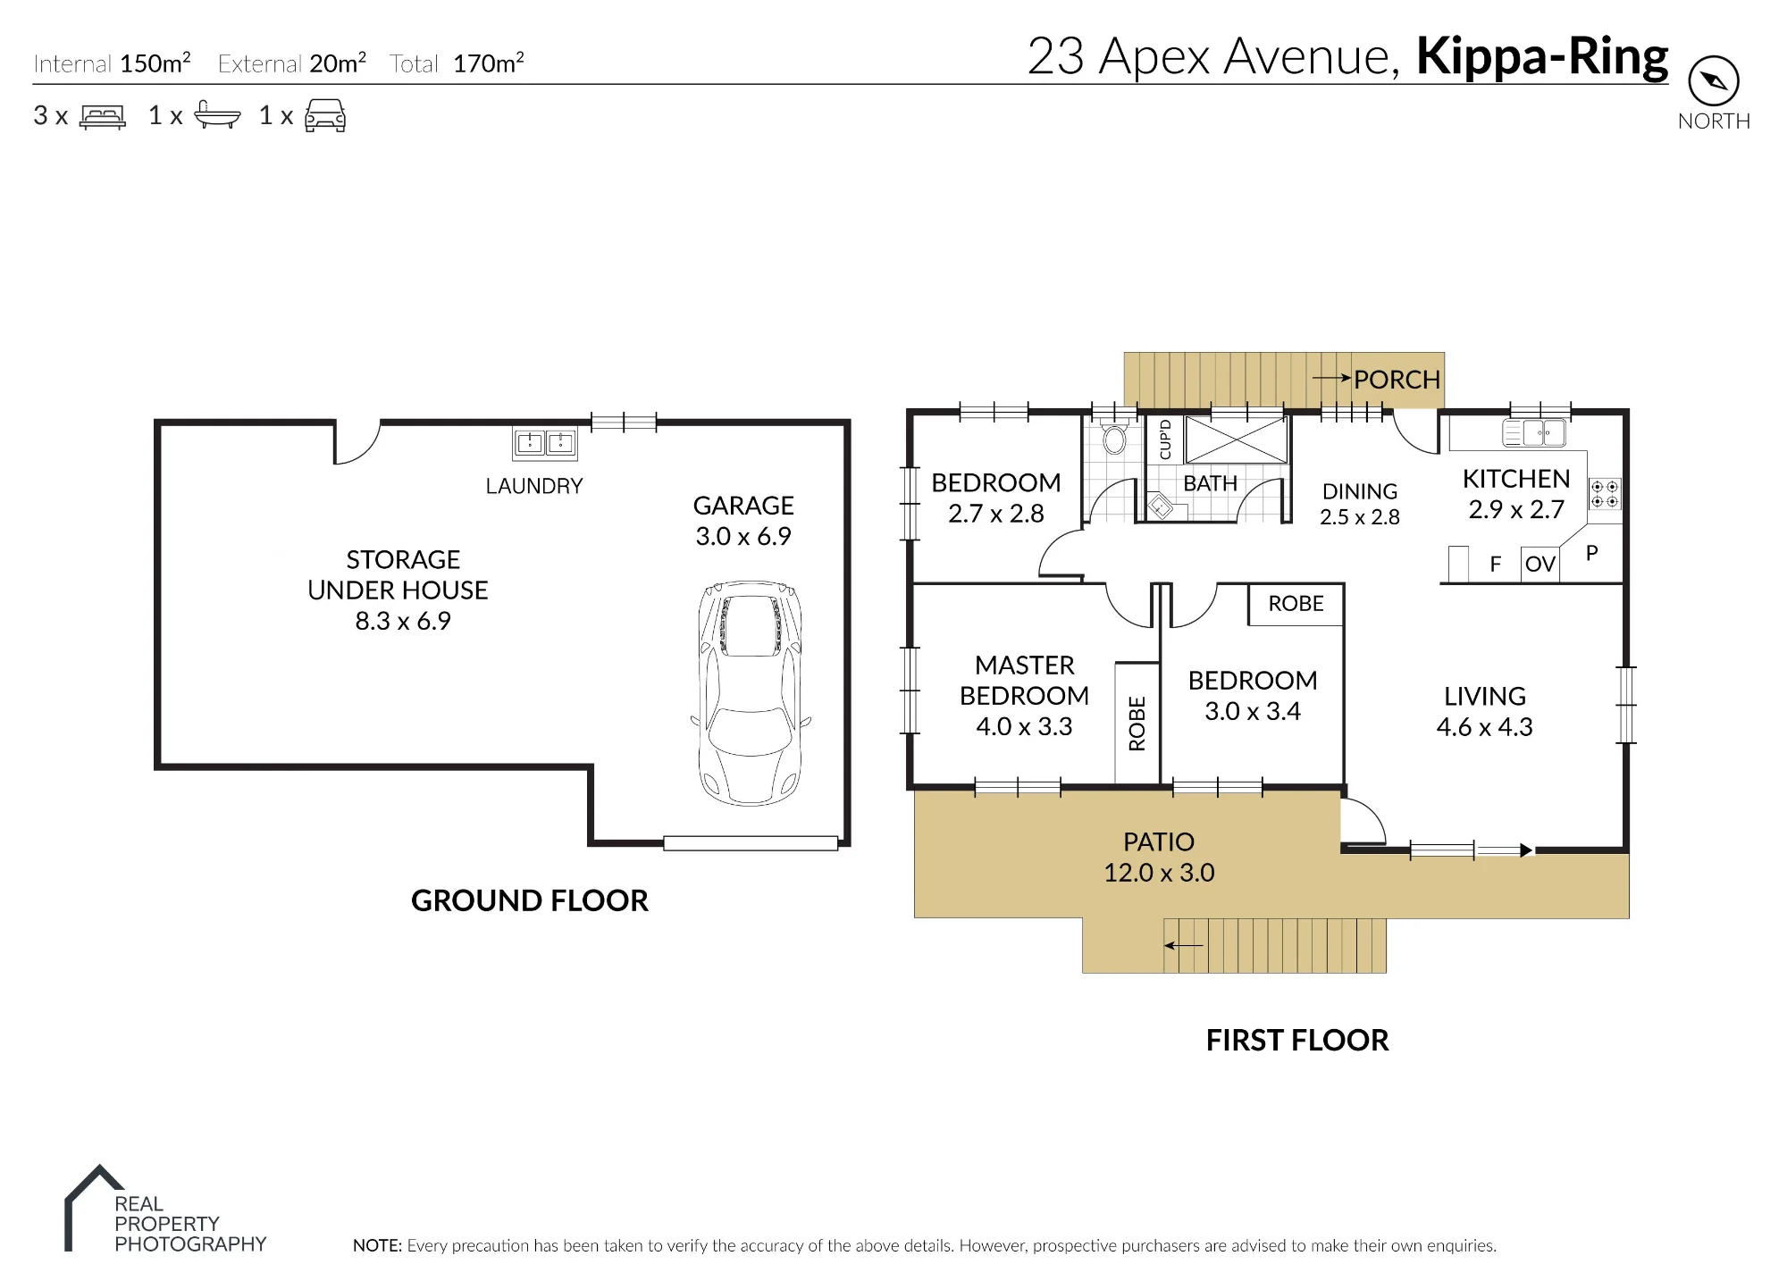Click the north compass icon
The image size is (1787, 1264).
(x=1713, y=81)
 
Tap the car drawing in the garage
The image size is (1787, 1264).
(x=751, y=693)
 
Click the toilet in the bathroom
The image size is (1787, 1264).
(x=1114, y=438)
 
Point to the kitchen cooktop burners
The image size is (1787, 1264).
(x=1605, y=494)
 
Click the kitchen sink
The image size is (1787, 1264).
(x=1534, y=433)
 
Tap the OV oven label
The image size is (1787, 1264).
(x=1540, y=564)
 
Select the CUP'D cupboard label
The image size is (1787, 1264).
(x=1164, y=439)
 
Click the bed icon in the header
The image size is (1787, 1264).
(x=103, y=116)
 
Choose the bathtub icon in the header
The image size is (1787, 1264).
(x=217, y=115)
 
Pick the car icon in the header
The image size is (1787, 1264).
(x=325, y=116)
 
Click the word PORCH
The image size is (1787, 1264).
(x=1397, y=380)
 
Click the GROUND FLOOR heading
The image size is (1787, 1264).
(x=530, y=900)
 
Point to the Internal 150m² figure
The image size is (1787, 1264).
(x=112, y=63)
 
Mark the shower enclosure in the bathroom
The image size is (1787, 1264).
(x=1237, y=439)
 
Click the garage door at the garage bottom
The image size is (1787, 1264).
(x=751, y=843)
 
